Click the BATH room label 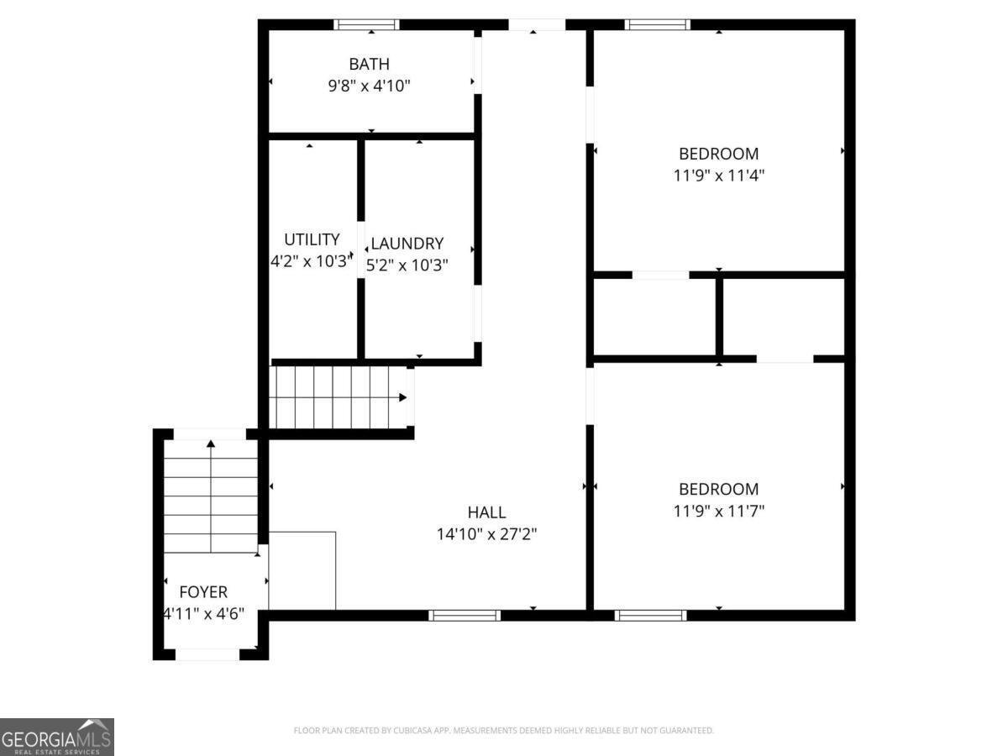pyautogui.click(x=370, y=65)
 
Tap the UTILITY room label pyautogui.click(x=312, y=239)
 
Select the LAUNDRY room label pyautogui.click(x=407, y=244)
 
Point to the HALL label pyautogui.click(x=486, y=512)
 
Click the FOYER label pyautogui.click(x=203, y=592)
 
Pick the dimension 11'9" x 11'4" pyautogui.click(x=719, y=176)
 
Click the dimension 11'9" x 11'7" pyautogui.click(x=719, y=511)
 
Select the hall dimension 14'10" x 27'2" pyautogui.click(x=486, y=534)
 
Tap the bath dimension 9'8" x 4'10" pyautogui.click(x=370, y=86)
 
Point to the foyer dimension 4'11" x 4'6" pyautogui.click(x=204, y=614)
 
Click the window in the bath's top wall pyautogui.click(x=366, y=25)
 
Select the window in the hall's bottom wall pyautogui.click(x=465, y=616)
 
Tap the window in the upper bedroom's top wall pyautogui.click(x=658, y=25)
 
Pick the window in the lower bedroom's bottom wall pyautogui.click(x=651, y=616)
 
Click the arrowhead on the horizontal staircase pyautogui.click(x=402, y=397)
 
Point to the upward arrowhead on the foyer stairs pyautogui.click(x=211, y=444)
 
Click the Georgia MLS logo pyautogui.click(x=57, y=738)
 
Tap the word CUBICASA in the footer pyautogui.click(x=412, y=730)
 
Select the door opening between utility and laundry pyautogui.click(x=361, y=249)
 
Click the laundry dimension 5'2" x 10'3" pyautogui.click(x=407, y=265)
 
